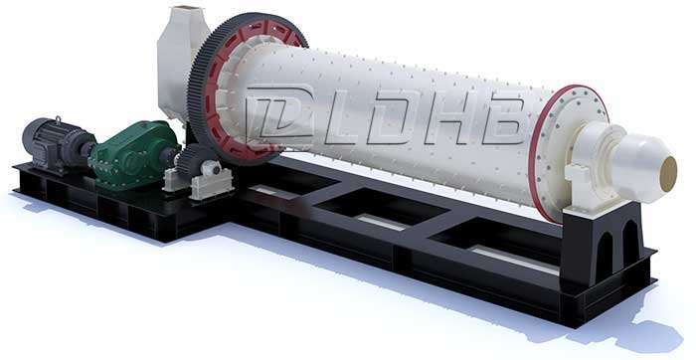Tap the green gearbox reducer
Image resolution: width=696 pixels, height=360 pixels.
click(134, 156)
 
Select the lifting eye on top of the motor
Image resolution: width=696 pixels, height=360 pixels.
click(58, 120)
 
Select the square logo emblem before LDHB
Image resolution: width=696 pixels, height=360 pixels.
click(280, 113)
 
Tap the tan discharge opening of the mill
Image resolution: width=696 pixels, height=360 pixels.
click(669, 174)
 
